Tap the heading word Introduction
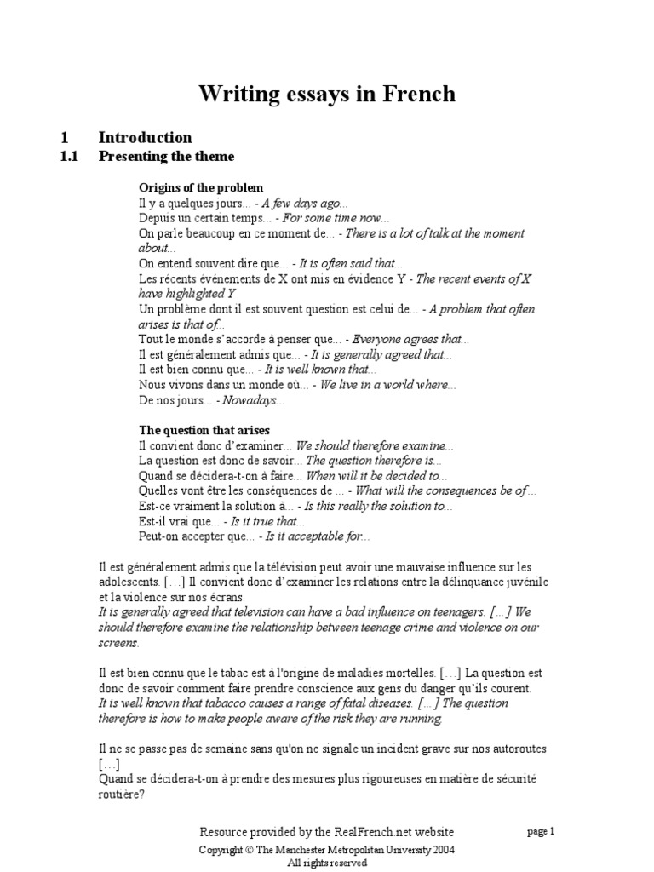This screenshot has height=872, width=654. point(145,137)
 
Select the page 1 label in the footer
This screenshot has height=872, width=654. point(541,832)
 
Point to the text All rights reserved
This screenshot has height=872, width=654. point(327,863)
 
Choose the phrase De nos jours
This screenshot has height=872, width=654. point(175,399)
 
